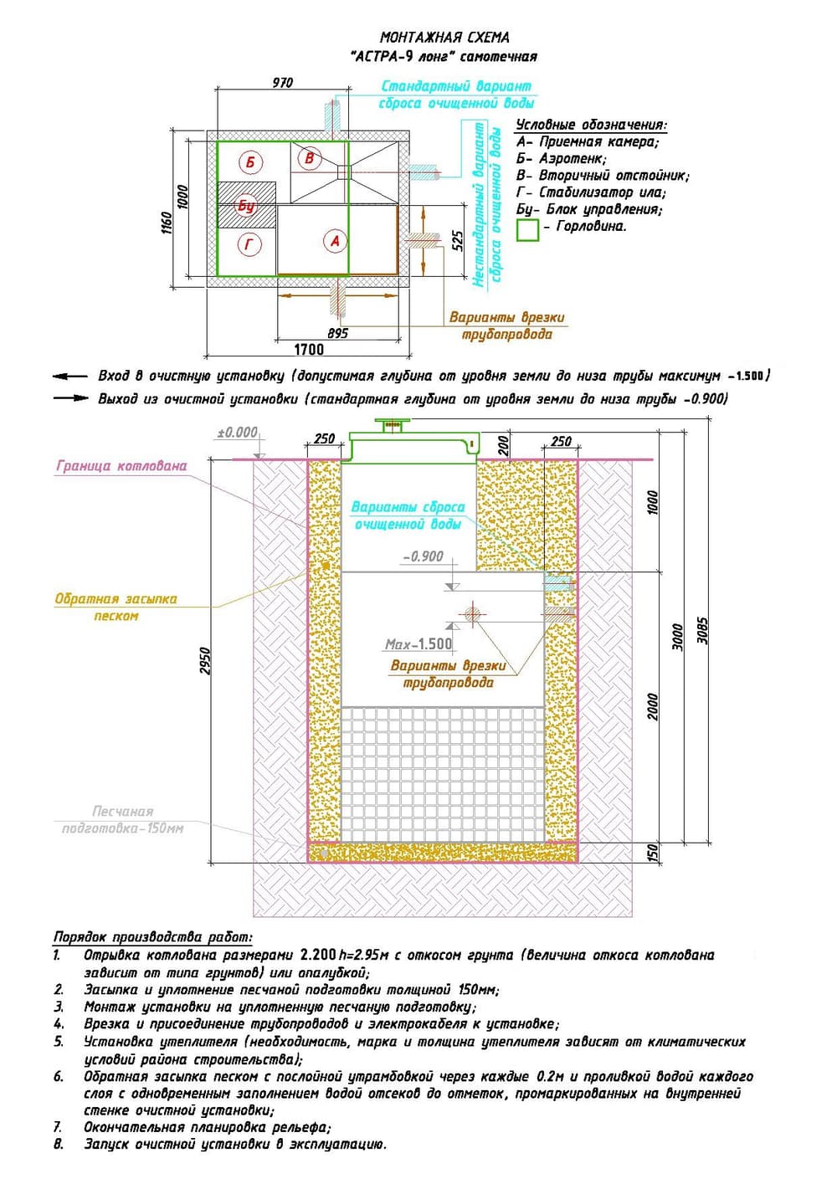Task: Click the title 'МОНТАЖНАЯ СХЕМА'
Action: pos(444,37)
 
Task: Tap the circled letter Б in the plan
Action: pos(249,161)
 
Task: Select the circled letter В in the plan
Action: pos(309,157)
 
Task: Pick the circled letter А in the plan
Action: pos(335,241)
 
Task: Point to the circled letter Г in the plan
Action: pos(249,244)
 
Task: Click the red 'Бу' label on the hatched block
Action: pos(246,205)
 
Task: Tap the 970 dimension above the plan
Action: pos(283,82)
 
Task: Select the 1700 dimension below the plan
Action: pos(309,349)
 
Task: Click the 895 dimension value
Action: pos(337,333)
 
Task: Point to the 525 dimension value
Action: pos(457,241)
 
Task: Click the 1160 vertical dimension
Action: pos(167,222)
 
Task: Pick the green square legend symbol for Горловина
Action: pos(527,229)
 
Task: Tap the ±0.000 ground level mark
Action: pos(238,433)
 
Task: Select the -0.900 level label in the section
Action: pos(424,556)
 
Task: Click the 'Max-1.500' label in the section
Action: pos(418,644)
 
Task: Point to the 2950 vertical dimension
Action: pos(206,661)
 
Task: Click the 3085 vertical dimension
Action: pos(703,633)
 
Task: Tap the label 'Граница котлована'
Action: pos(121,466)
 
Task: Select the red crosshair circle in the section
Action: pos(473,615)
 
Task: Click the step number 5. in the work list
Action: pos(59,1042)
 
